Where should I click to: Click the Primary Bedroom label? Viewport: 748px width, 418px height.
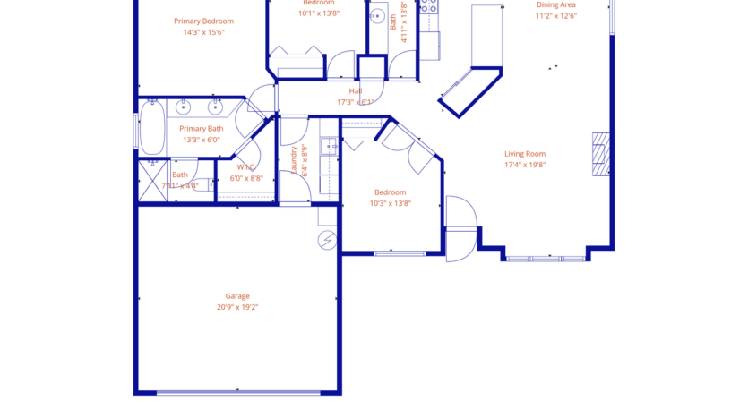click(x=203, y=21)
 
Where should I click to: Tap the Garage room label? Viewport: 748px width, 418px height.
click(x=237, y=296)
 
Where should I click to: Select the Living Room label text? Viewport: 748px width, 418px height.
click(x=525, y=154)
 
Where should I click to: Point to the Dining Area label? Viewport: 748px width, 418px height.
click(x=555, y=4)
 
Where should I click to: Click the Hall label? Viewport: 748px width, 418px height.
click(x=356, y=91)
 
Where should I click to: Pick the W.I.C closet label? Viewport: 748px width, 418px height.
click(x=246, y=167)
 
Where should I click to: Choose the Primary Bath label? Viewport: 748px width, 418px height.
click(x=202, y=129)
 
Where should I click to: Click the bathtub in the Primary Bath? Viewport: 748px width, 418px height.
click(x=151, y=128)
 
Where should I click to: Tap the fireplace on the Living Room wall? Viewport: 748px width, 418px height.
click(x=601, y=153)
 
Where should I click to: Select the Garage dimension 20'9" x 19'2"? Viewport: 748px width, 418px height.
click(x=237, y=307)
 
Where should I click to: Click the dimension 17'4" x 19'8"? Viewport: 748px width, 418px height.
click(x=525, y=165)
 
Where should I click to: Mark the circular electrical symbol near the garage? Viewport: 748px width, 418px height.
click(x=327, y=240)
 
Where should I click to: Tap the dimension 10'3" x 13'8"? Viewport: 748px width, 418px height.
click(x=390, y=203)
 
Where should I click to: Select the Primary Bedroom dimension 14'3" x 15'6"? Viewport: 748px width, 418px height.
click(x=203, y=32)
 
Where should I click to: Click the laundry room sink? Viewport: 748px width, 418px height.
click(x=330, y=146)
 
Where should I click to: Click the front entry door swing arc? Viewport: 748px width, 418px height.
click(x=462, y=228)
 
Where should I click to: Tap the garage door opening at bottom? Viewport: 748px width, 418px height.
click(x=237, y=392)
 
